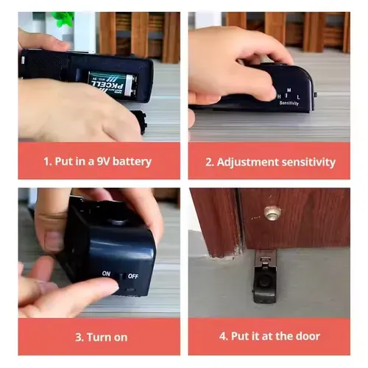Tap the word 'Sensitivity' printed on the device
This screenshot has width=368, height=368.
click(289, 104)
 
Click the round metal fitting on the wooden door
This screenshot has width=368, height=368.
click(272, 213)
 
